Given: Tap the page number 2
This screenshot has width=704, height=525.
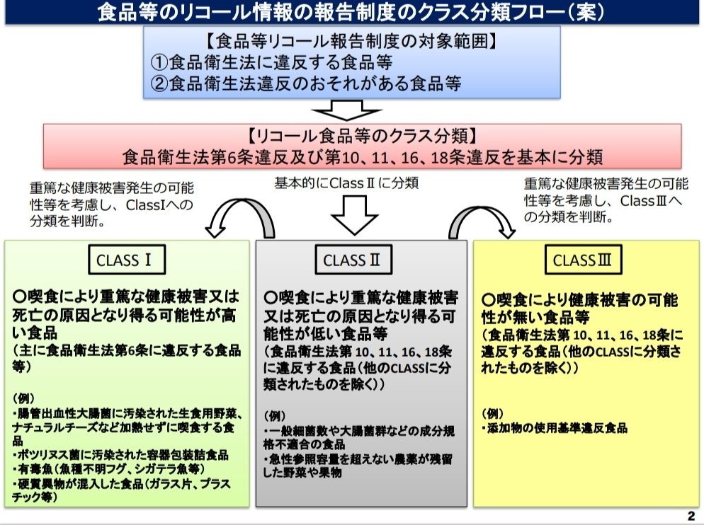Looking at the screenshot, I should click(691, 514).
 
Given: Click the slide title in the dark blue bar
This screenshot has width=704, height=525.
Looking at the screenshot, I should click(351, 12).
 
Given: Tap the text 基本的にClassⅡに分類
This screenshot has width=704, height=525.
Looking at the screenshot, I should click(346, 183).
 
